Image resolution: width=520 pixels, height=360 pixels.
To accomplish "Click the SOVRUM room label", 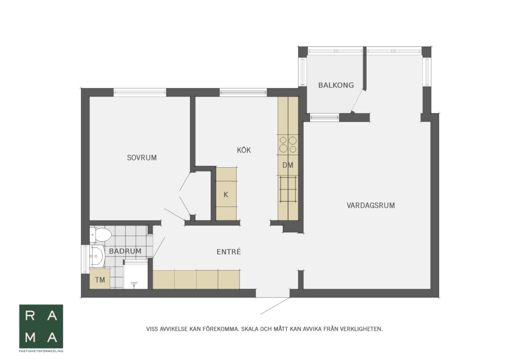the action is (x=142, y=158).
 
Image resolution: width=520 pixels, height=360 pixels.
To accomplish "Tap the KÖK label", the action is (x=244, y=150).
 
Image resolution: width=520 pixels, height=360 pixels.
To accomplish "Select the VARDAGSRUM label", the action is (x=371, y=205).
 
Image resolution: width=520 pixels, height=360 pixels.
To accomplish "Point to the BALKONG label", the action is (x=336, y=85).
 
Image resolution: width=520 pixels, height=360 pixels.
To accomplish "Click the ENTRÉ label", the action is (x=229, y=252).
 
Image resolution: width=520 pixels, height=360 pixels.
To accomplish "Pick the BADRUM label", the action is (x=125, y=251).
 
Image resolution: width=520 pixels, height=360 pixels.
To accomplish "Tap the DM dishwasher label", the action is (x=288, y=165).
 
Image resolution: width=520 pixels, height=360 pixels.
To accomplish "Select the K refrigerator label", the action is (x=226, y=195).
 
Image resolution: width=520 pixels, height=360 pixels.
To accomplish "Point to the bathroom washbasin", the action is (x=97, y=256).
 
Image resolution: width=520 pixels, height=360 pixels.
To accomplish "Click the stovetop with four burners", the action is (x=288, y=145).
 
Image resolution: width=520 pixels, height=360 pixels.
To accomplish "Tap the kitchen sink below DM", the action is (x=288, y=189).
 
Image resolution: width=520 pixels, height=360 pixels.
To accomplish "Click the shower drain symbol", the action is (x=134, y=284).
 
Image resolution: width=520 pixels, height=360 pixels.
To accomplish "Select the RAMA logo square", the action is (x=41, y=326).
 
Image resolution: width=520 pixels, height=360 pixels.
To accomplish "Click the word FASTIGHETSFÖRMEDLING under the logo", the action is (x=41, y=351).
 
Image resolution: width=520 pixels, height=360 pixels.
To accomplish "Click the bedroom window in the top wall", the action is (x=140, y=92).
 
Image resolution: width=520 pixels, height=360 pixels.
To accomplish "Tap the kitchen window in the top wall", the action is (x=243, y=92).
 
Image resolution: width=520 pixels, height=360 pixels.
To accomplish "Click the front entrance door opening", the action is (x=273, y=293).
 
